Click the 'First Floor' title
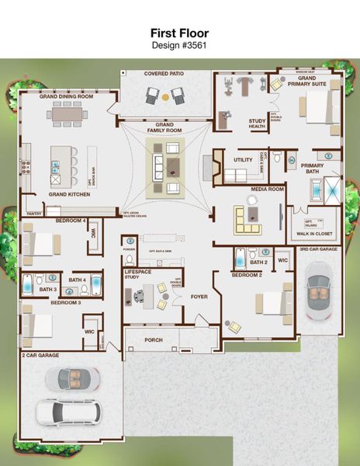[x=180, y=33]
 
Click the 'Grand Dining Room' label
[x=67, y=96]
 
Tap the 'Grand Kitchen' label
[x=69, y=194]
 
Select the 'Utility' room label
[x=243, y=160]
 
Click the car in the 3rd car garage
[x=317, y=291]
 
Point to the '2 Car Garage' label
[x=40, y=355]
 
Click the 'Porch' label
[x=154, y=339]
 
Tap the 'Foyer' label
[x=199, y=296]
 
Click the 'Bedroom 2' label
[x=247, y=275]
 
